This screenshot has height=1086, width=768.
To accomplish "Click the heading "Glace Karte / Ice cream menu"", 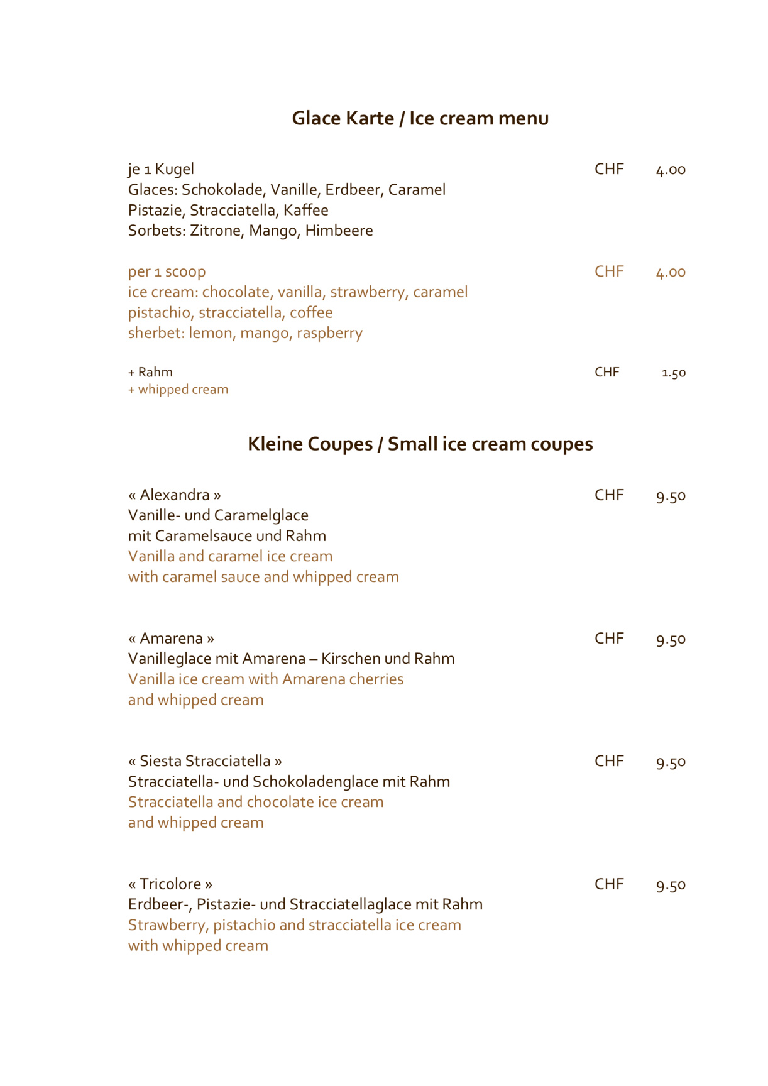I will click(420, 118).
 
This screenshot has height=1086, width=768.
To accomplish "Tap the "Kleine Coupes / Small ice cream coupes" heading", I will click(420, 444).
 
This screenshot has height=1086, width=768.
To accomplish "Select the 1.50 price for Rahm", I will click(673, 373).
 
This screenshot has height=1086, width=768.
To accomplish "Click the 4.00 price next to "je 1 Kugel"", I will click(671, 170).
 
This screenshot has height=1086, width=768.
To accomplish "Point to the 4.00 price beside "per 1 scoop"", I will click(671, 272).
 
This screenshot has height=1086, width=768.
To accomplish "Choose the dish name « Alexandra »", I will click(175, 495).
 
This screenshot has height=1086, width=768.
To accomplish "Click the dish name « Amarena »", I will click(171, 639).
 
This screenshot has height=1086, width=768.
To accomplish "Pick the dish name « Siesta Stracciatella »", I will click(205, 761).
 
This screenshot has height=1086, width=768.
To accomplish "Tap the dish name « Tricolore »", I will click(170, 884).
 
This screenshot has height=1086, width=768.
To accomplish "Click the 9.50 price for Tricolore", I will click(671, 885).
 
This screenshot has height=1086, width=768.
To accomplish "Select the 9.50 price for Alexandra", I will click(671, 496).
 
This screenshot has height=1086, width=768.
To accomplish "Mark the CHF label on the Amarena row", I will click(609, 639).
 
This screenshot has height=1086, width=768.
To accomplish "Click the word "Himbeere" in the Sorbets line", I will click(339, 231).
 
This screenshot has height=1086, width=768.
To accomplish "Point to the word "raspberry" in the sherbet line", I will click(329, 333).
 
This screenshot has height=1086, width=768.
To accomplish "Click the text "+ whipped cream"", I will click(178, 390).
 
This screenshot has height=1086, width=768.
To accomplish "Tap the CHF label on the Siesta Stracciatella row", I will click(609, 761).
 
